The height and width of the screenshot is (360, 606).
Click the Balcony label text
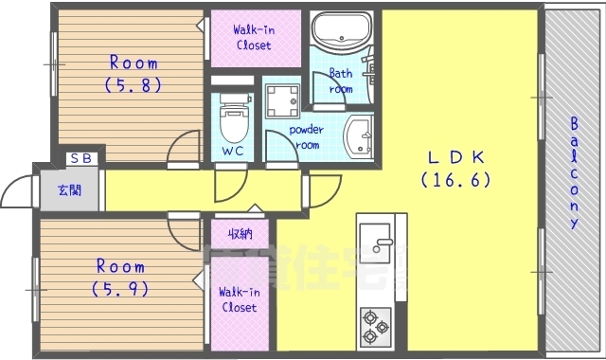(574, 173)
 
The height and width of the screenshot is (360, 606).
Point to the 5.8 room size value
(133, 84)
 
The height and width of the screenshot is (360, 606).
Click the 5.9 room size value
(119, 288)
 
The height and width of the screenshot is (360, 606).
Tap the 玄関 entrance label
(69, 189)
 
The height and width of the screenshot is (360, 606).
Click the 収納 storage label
(240, 233)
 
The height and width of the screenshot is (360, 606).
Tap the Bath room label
(341, 81)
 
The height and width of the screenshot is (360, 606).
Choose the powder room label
(306, 137)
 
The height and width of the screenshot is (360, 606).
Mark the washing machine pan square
(282, 98)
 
